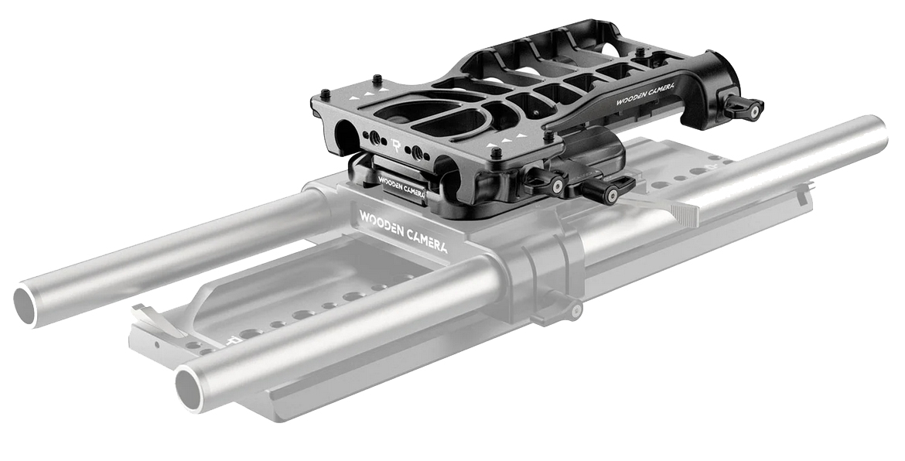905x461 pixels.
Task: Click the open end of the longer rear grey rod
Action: (x=25, y=304)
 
